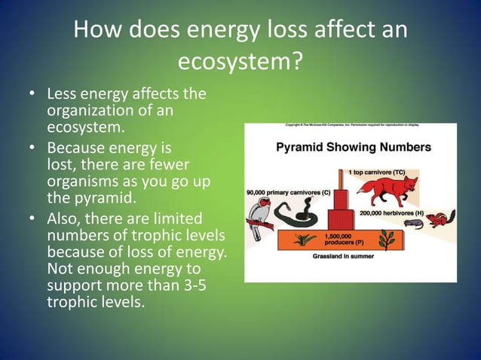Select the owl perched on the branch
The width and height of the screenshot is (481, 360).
tap(261, 221)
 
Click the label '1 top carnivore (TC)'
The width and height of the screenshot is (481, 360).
tap(377, 172)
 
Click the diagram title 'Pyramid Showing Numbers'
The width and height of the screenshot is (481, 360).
tap(353, 147)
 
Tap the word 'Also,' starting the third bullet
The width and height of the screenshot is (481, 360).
tap(65, 218)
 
